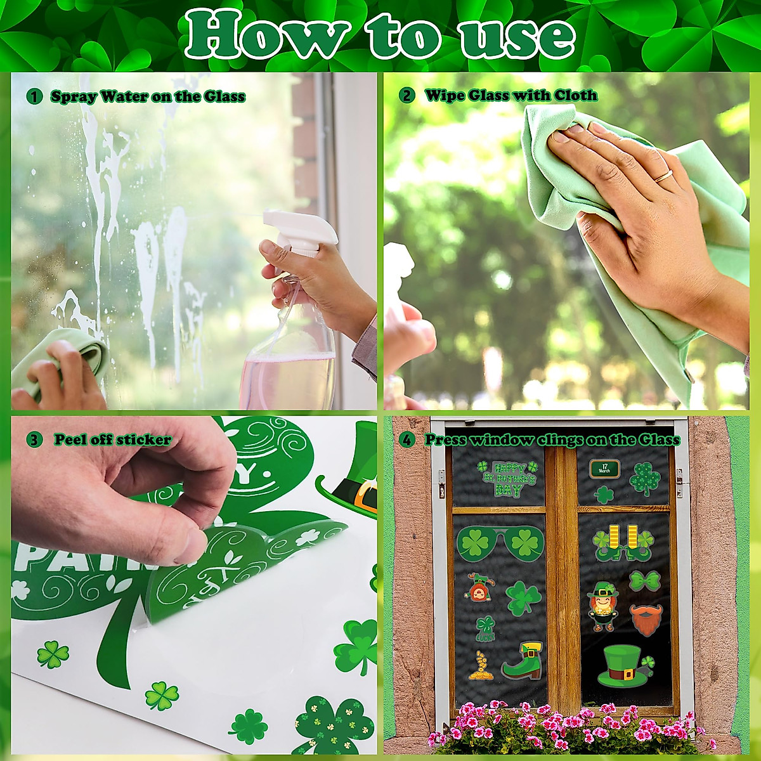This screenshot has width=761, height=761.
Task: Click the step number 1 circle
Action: [x=34, y=96]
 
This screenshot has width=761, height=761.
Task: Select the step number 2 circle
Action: [x=407, y=95]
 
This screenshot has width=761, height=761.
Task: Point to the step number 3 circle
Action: [x=34, y=439]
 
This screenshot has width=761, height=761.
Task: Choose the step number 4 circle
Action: [x=407, y=439]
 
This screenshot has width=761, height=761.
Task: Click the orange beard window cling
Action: [x=646, y=619]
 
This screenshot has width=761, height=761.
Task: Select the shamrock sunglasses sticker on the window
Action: [x=500, y=543]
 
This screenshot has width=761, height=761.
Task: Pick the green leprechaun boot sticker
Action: [x=523, y=661]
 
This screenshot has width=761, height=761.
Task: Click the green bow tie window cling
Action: [x=645, y=580]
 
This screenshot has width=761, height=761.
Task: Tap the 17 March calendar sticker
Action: [x=604, y=469]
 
